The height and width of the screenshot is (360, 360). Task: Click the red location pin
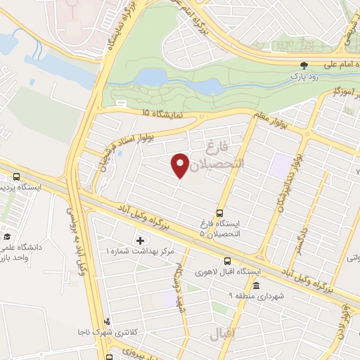181,164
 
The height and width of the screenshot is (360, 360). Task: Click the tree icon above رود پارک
303,64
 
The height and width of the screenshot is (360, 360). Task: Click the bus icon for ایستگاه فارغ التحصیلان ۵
219,212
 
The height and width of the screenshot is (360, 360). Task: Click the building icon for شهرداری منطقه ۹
255,287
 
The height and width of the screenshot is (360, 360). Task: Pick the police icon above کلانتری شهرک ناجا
107,321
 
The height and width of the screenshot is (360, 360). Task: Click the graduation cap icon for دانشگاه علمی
7,236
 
